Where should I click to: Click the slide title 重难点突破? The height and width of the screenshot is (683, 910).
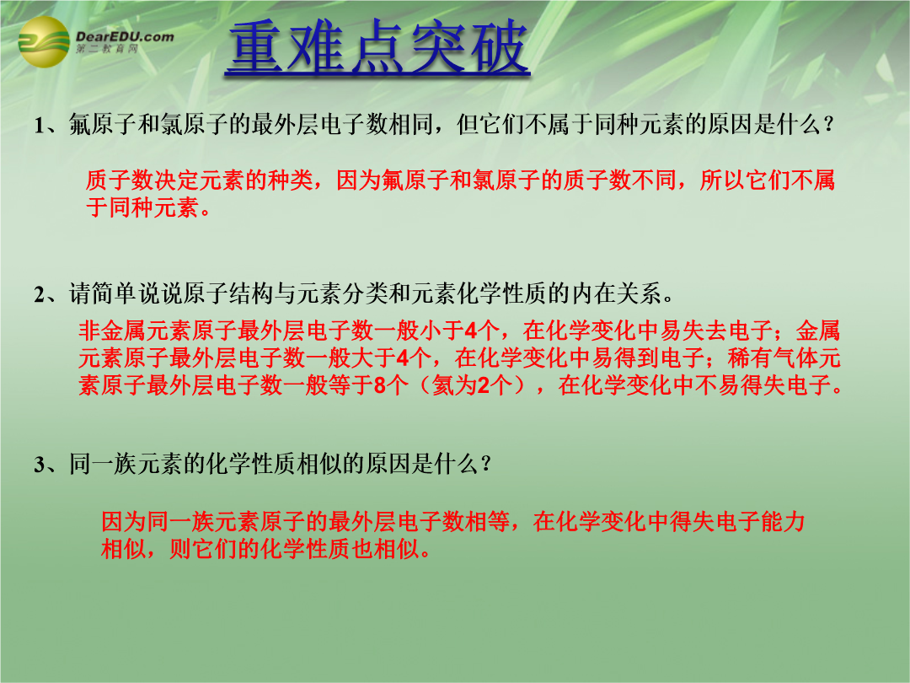point(377,47)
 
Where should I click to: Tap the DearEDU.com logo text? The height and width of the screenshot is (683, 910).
point(125,36)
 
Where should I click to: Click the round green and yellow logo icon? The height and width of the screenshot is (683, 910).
point(44,42)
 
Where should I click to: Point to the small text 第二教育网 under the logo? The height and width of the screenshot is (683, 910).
point(107,49)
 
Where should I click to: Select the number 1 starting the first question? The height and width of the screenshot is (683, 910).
point(39,126)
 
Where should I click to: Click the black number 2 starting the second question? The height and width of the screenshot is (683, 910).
point(40,295)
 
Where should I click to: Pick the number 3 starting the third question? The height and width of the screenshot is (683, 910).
point(40,465)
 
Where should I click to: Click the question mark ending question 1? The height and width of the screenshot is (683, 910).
point(829,124)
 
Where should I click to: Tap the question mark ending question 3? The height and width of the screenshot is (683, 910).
point(486,464)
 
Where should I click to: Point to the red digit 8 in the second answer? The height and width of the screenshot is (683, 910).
point(380,385)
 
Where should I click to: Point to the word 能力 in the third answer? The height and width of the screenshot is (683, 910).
point(782,522)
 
